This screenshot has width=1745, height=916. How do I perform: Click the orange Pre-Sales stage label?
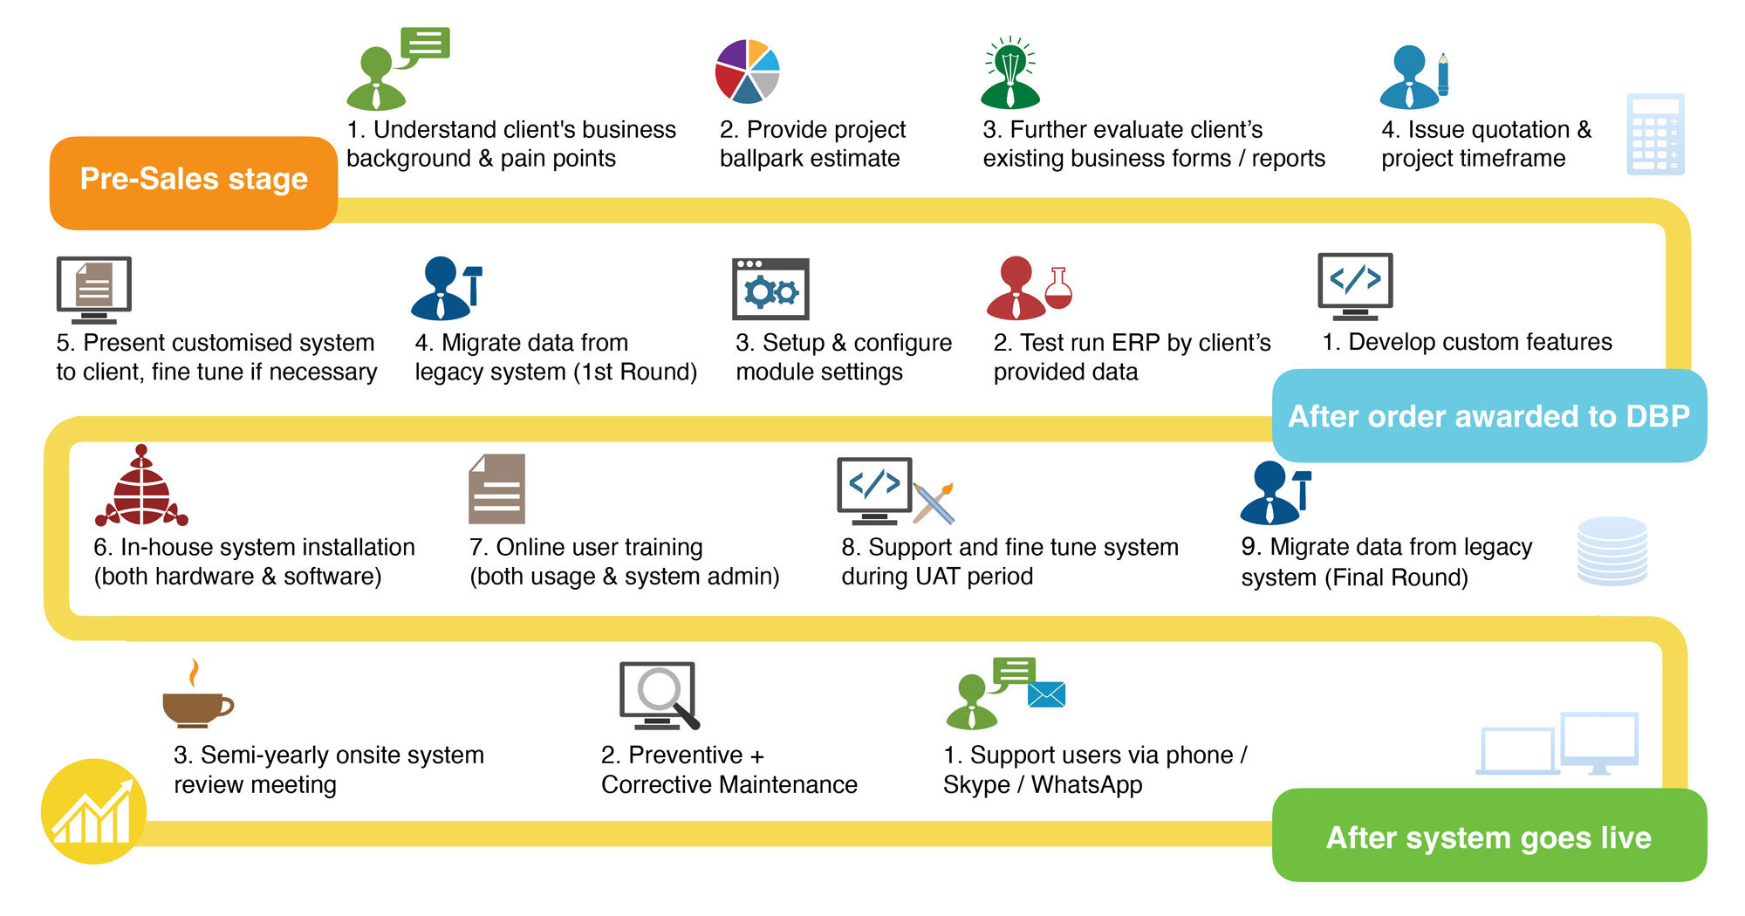click(x=194, y=180)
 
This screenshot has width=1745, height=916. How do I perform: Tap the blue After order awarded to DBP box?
click(x=1488, y=416)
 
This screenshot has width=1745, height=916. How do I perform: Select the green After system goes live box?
click(x=1488, y=837)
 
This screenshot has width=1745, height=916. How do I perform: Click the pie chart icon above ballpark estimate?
click(x=747, y=71)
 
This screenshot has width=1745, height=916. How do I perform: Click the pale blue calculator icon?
click(x=1655, y=134)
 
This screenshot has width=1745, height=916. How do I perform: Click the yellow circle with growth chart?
click(x=93, y=811)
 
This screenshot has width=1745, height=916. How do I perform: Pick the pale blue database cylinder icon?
click(x=1612, y=550)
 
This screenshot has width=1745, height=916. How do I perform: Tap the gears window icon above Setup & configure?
click(x=770, y=289)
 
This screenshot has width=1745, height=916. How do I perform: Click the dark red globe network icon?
click(x=141, y=489)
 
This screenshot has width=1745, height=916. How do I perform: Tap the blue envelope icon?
click(x=1046, y=694)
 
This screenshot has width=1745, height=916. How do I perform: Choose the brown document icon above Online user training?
click(x=496, y=489)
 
